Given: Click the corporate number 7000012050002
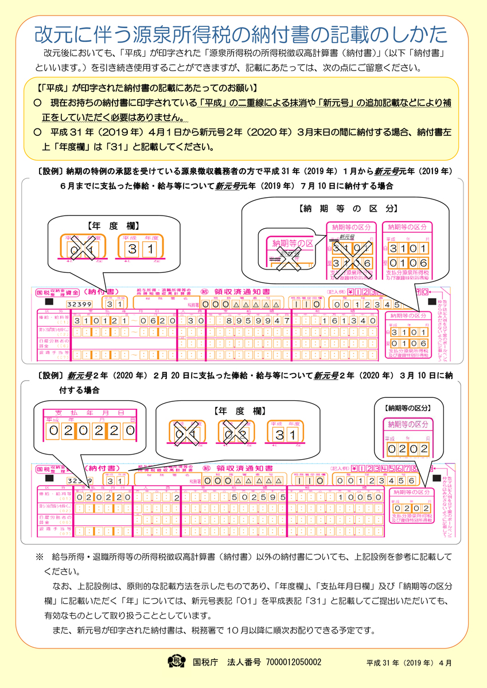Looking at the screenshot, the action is pyautogui.click(x=291, y=662).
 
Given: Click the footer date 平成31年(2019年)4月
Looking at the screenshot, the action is pyautogui.click(x=409, y=663).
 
